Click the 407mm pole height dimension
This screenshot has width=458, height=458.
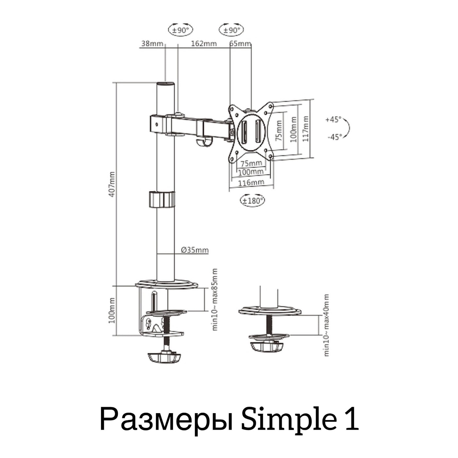tap(112, 184)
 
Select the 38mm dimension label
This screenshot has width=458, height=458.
tap(152, 43)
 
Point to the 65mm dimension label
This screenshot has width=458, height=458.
tap(240, 44)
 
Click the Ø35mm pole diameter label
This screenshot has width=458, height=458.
tap(195, 250)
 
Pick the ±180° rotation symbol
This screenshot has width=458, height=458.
tap(252, 201)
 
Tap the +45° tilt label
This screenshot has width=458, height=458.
tap(333, 119)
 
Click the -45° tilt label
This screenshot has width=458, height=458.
tap(335, 137)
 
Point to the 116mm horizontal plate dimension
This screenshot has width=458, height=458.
tap(251, 183)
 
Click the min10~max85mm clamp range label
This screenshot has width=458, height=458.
tap(215, 299)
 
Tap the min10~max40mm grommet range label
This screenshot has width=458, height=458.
tap(326, 325)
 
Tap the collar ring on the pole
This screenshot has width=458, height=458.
tap(162, 200)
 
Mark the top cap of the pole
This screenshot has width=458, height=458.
tap(165, 84)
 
